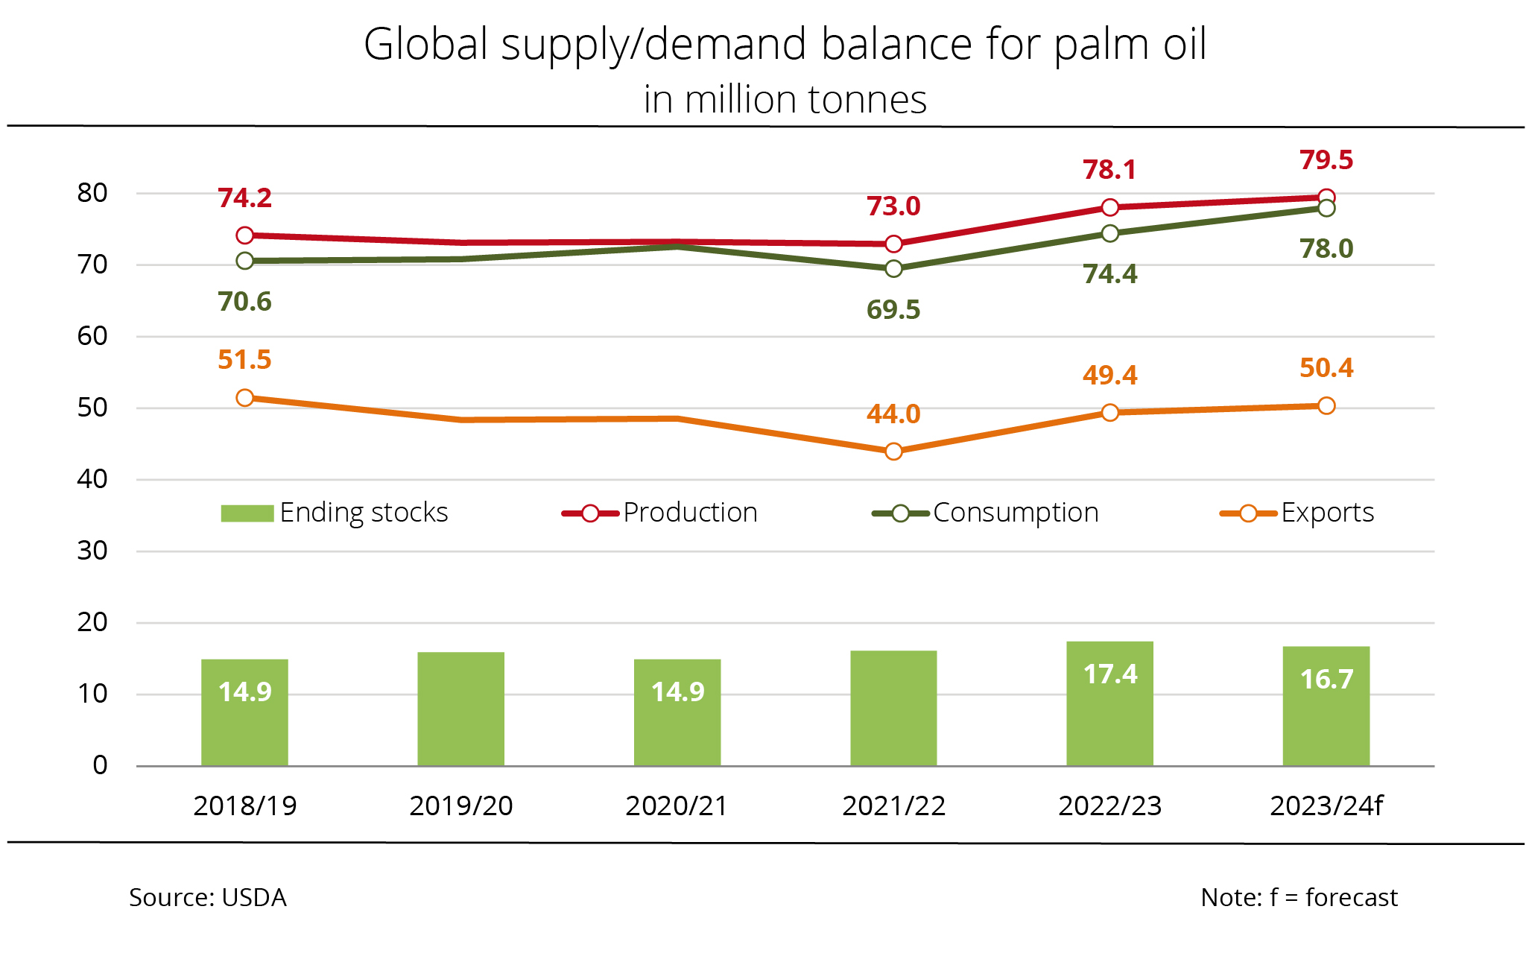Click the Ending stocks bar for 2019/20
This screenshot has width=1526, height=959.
click(460, 709)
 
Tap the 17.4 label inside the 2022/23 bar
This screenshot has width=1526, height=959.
click(1109, 674)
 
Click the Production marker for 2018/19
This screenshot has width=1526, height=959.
click(244, 235)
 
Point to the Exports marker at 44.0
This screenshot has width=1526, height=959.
click(893, 452)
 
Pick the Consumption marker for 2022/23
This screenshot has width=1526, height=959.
click(1109, 234)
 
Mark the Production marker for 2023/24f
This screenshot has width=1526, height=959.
click(1326, 197)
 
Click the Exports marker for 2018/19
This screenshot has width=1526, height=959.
click(244, 398)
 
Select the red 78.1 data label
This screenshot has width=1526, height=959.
click(1109, 170)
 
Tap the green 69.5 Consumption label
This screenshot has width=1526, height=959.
click(893, 310)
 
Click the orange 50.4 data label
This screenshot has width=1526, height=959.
click(1326, 368)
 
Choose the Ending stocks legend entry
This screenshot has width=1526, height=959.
click(335, 513)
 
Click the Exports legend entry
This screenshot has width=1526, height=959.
click(1297, 513)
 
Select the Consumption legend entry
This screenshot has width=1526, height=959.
click(985, 513)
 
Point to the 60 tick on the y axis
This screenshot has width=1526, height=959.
click(92, 336)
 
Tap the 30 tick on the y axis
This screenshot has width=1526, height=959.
click(92, 551)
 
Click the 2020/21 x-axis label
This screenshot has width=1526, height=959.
click(677, 806)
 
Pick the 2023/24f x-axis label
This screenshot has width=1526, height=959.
click(1326, 806)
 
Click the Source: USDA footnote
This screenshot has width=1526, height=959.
click(208, 897)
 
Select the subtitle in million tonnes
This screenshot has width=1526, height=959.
click(785, 100)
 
